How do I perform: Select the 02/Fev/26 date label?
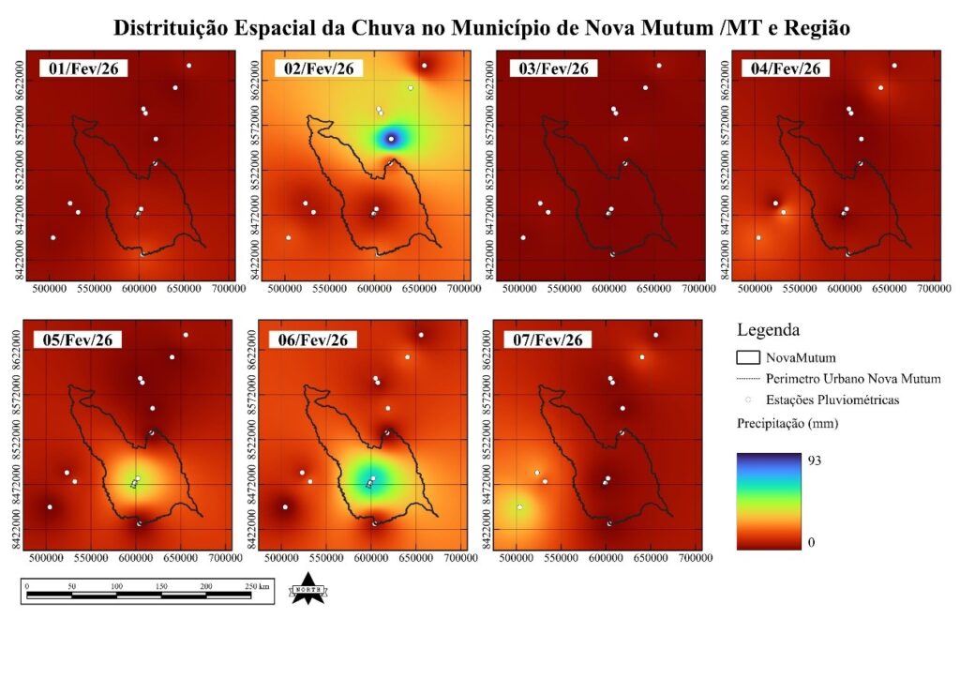tap(313, 69)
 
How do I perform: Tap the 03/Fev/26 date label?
tap(548, 69)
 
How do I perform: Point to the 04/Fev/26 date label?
tap(784, 69)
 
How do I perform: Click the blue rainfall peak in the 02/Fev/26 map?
tap(391, 139)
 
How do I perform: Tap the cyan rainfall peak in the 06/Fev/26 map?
tap(369, 482)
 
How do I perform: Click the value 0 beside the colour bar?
tap(812, 542)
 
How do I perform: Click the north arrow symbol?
tap(307, 589)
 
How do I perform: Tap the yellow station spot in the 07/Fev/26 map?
tap(519, 506)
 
